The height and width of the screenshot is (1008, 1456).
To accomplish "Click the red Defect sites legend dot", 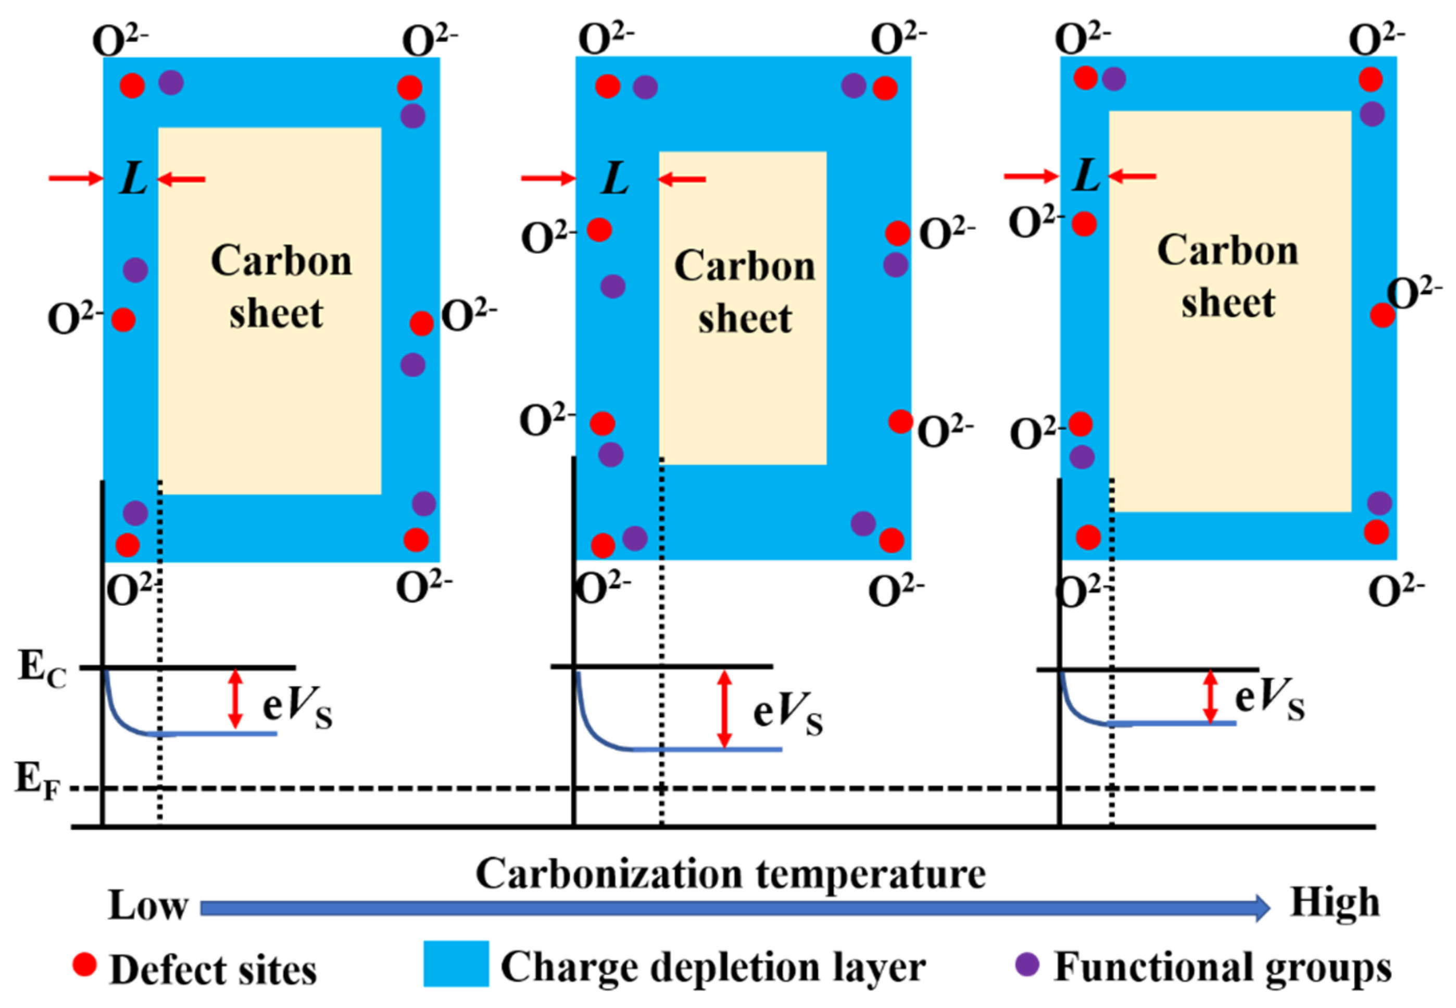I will [x=84, y=964].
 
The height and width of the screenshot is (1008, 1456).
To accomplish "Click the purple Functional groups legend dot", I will [x=1027, y=964].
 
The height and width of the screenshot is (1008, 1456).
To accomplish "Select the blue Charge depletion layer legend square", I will [x=455, y=964].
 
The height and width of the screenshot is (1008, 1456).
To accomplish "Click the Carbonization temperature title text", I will [x=730, y=875].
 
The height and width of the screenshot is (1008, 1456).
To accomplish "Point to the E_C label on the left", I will [x=42, y=669].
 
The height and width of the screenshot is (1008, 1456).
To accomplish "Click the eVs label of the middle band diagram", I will [x=787, y=713].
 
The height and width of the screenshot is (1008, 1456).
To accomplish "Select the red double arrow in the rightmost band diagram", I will [x=1210, y=696].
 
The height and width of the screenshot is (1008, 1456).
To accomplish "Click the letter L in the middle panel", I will [x=615, y=178].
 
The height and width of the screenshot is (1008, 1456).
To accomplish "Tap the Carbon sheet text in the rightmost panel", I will [x=1227, y=276].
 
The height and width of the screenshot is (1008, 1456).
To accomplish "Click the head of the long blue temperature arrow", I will [x=1260, y=908].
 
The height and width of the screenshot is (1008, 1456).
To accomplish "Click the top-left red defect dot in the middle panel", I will [x=607, y=86].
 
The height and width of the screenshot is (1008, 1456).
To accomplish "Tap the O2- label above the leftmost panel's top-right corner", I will [x=429, y=41].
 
